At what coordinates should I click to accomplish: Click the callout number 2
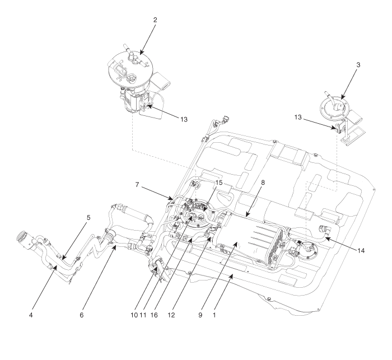(155, 20)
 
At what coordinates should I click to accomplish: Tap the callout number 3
(358, 65)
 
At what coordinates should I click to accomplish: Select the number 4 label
(31, 315)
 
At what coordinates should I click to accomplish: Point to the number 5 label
(88, 218)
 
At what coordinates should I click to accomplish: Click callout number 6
(82, 315)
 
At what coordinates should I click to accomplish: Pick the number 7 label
(137, 185)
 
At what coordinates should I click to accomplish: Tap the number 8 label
(263, 183)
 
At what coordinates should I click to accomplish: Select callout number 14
(361, 250)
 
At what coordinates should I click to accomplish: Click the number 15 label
(219, 183)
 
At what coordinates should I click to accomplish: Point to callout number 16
(154, 315)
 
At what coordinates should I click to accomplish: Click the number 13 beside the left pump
(184, 119)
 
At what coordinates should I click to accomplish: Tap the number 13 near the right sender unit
(298, 117)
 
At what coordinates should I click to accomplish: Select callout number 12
(171, 315)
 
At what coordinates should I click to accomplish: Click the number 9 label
(200, 315)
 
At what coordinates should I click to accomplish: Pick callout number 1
(214, 315)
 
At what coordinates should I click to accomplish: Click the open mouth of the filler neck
(21, 236)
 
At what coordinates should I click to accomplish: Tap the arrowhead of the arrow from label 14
(326, 238)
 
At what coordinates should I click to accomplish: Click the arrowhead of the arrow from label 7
(171, 199)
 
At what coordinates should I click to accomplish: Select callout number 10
(134, 315)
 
